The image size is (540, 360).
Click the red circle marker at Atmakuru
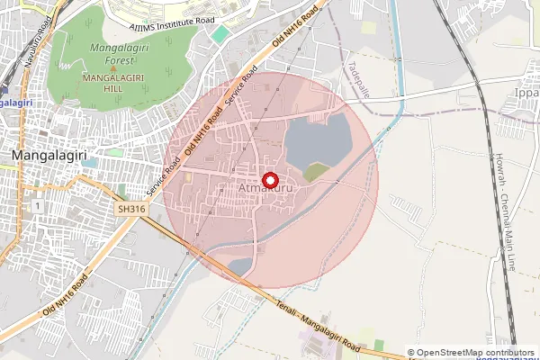pyautogui.click(x=267, y=179)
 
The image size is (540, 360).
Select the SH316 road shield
pyautogui.click(x=131, y=209)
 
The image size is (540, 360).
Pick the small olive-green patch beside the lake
pyautogui.click(x=315, y=171)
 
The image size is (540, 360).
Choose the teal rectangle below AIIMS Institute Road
pyautogui.click(x=220, y=34)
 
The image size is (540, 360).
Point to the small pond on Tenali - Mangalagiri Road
pyautogui.click(x=240, y=266)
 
